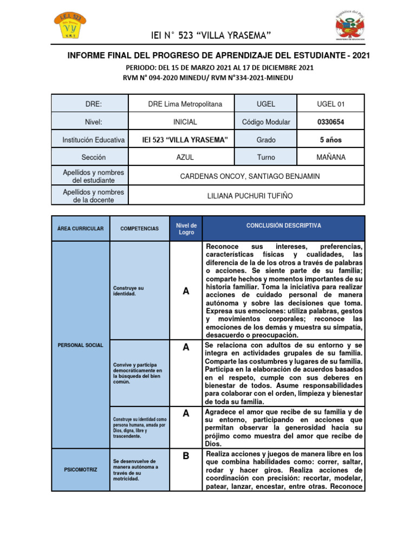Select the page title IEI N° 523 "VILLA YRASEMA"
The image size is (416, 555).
coord(211,36)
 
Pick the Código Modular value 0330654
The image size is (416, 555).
coord(330,122)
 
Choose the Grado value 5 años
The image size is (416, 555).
coord(330,140)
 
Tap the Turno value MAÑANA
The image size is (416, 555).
coord(330,157)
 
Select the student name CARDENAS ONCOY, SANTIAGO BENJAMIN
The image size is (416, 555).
coord(249,176)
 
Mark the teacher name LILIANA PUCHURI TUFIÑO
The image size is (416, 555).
coord(249,195)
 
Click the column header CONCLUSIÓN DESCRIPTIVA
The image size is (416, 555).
coord(283,225)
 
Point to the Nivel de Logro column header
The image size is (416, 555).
coord(186,228)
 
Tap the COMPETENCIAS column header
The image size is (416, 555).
coord(140,229)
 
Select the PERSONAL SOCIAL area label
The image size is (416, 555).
coord(80,345)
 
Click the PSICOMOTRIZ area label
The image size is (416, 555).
coord(80,469)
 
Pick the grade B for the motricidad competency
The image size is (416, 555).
coord(186,456)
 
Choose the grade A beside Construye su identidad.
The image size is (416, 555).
coord(186,292)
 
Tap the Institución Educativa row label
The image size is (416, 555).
coord(94,140)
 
